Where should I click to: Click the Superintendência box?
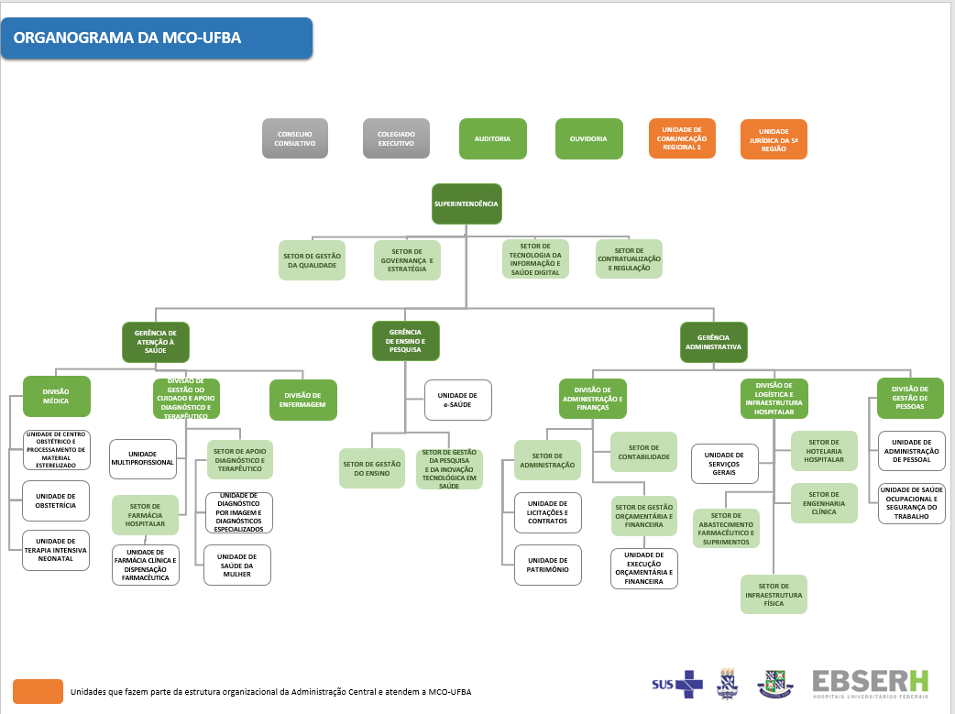[467, 203]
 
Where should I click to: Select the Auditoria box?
[492, 138]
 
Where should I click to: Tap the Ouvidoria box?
[588, 138]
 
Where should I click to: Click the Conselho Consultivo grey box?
[295, 138]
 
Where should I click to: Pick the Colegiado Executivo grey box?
[396, 138]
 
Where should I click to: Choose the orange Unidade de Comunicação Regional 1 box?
[682, 138]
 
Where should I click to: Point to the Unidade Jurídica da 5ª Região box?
[774, 139]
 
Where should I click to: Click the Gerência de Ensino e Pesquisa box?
[405, 340]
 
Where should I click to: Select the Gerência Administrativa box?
[713, 342]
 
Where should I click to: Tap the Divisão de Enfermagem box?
[302, 400]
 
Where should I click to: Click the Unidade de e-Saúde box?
[457, 400]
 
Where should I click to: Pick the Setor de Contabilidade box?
[643, 452]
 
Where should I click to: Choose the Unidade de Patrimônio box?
[547, 565]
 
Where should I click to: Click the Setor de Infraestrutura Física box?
[774, 594]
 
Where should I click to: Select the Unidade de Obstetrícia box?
[57, 500]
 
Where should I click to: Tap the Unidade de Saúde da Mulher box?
[237, 565]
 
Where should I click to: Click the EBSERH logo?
[870, 683]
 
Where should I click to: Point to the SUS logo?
[676, 683]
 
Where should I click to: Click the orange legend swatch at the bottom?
[38, 691]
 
